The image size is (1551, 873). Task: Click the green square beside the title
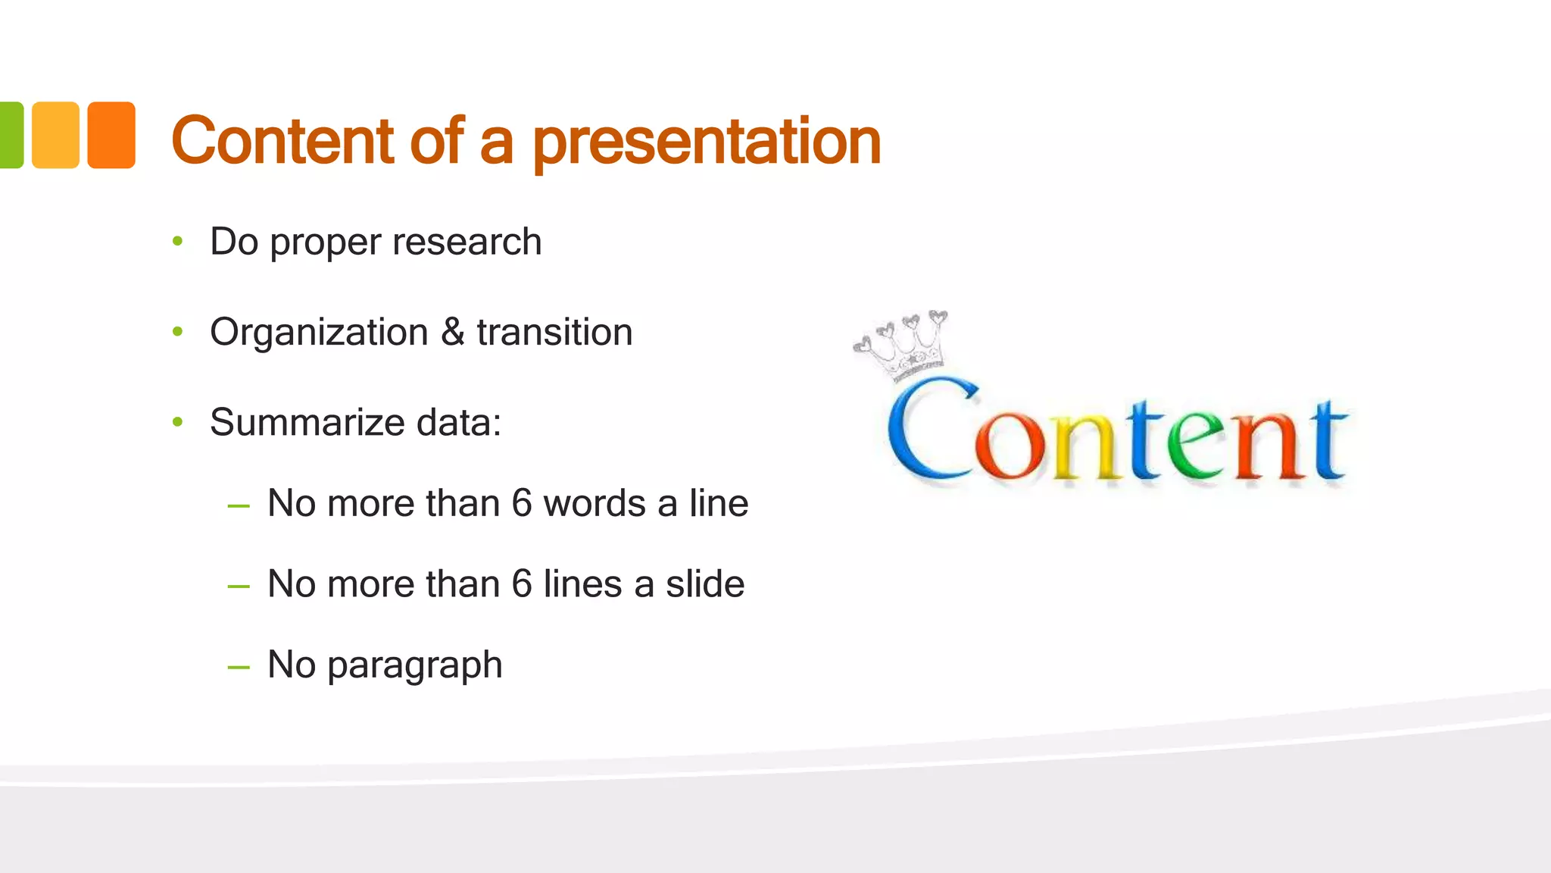[11, 135]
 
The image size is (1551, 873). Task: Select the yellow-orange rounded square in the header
[55, 135]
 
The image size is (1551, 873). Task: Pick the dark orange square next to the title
[111, 135]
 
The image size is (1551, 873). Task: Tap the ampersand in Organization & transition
[452, 332]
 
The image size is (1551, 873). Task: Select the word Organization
[319, 333]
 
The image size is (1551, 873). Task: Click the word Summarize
[307, 422]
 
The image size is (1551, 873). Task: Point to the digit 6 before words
[522, 503]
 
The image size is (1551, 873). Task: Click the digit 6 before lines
[522, 584]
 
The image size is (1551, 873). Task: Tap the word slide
[704, 584]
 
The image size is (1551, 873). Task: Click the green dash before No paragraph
[239, 667]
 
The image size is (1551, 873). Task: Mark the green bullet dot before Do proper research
[178, 242]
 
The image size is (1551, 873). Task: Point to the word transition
[554, 332]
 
